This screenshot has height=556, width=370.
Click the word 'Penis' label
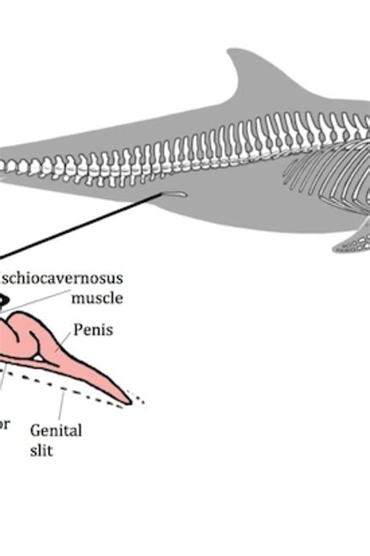tap(93, 330)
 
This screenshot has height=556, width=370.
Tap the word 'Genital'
tap(55, 429)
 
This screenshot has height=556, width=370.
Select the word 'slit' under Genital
tap(41, 450)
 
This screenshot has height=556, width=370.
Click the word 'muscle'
tap(98, 298)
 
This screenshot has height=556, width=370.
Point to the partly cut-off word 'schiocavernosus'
tap(62, 278)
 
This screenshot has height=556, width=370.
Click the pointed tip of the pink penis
tap(126, 402)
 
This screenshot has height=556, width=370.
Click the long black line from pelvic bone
tap(78, 227)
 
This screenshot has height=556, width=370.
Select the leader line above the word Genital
tap(59, 405)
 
